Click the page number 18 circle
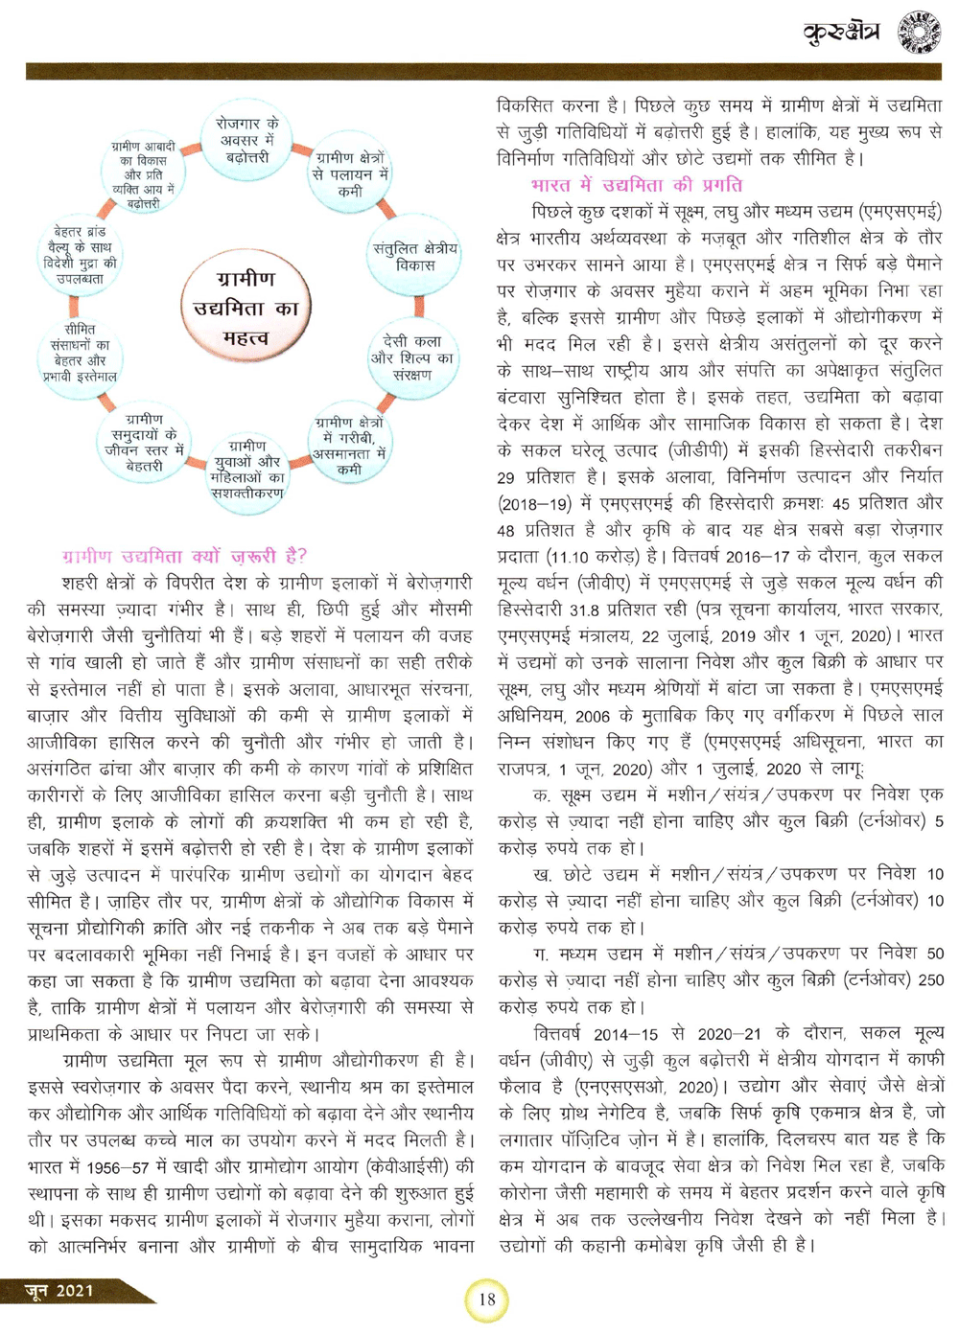487,1299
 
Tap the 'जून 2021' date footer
59,1290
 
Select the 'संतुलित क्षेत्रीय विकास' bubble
415,256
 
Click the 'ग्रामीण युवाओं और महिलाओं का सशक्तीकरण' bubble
247,470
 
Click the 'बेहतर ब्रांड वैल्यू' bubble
81,255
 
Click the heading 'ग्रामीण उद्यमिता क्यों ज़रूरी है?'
185,556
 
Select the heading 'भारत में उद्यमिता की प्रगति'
636,185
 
